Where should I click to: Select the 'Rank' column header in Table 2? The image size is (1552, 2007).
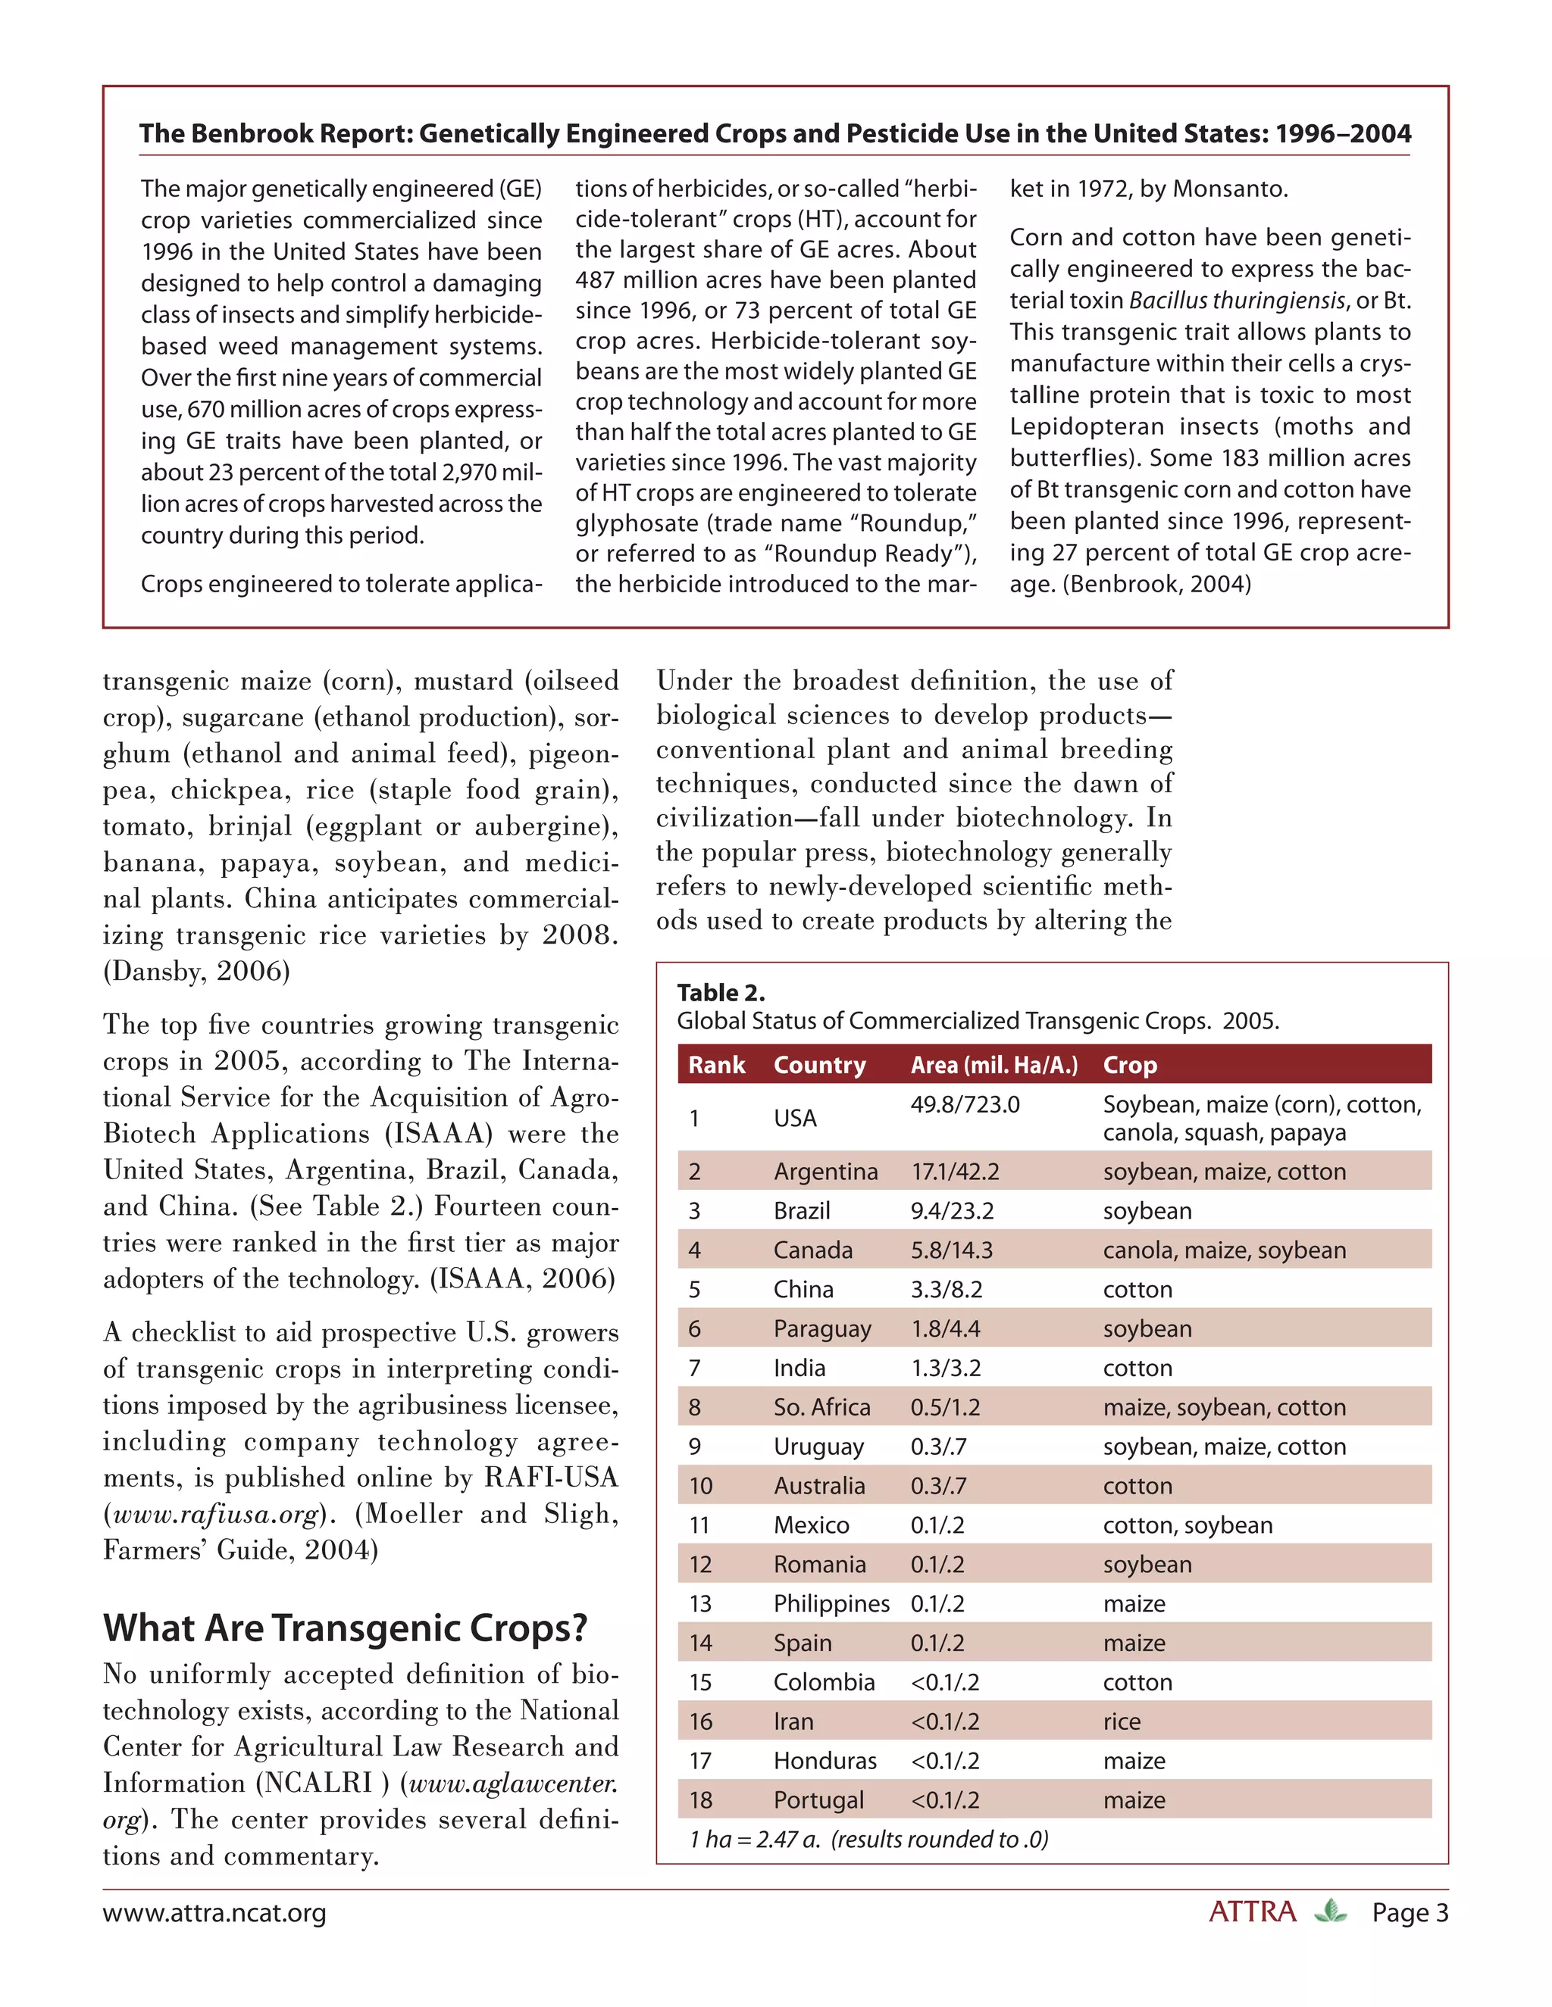716,1065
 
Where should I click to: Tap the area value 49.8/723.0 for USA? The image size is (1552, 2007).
965,1104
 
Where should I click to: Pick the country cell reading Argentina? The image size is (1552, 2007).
824,1172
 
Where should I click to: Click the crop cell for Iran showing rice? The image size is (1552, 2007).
1121,1721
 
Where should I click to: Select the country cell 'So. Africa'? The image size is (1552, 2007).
821,1407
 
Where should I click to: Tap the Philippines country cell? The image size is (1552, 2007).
831,1603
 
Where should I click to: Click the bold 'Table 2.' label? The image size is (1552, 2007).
721,992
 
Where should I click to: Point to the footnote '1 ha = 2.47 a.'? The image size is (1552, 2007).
755,1839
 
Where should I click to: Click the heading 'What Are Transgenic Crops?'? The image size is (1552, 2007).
345,1628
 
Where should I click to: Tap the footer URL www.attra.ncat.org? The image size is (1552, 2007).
214,1913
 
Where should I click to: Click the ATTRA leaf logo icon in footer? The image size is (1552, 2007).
1329,1912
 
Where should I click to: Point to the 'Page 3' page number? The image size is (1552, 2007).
1409,1913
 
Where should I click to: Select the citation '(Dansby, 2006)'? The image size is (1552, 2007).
196,972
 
